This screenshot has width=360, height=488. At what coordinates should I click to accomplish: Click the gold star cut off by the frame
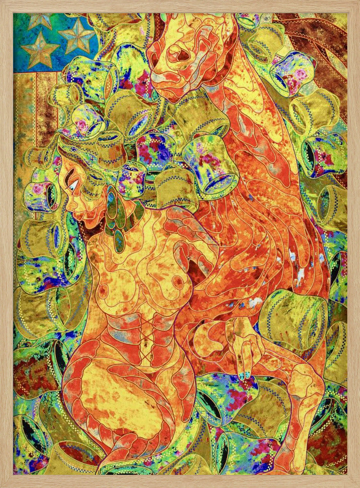[x=39, y=20]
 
